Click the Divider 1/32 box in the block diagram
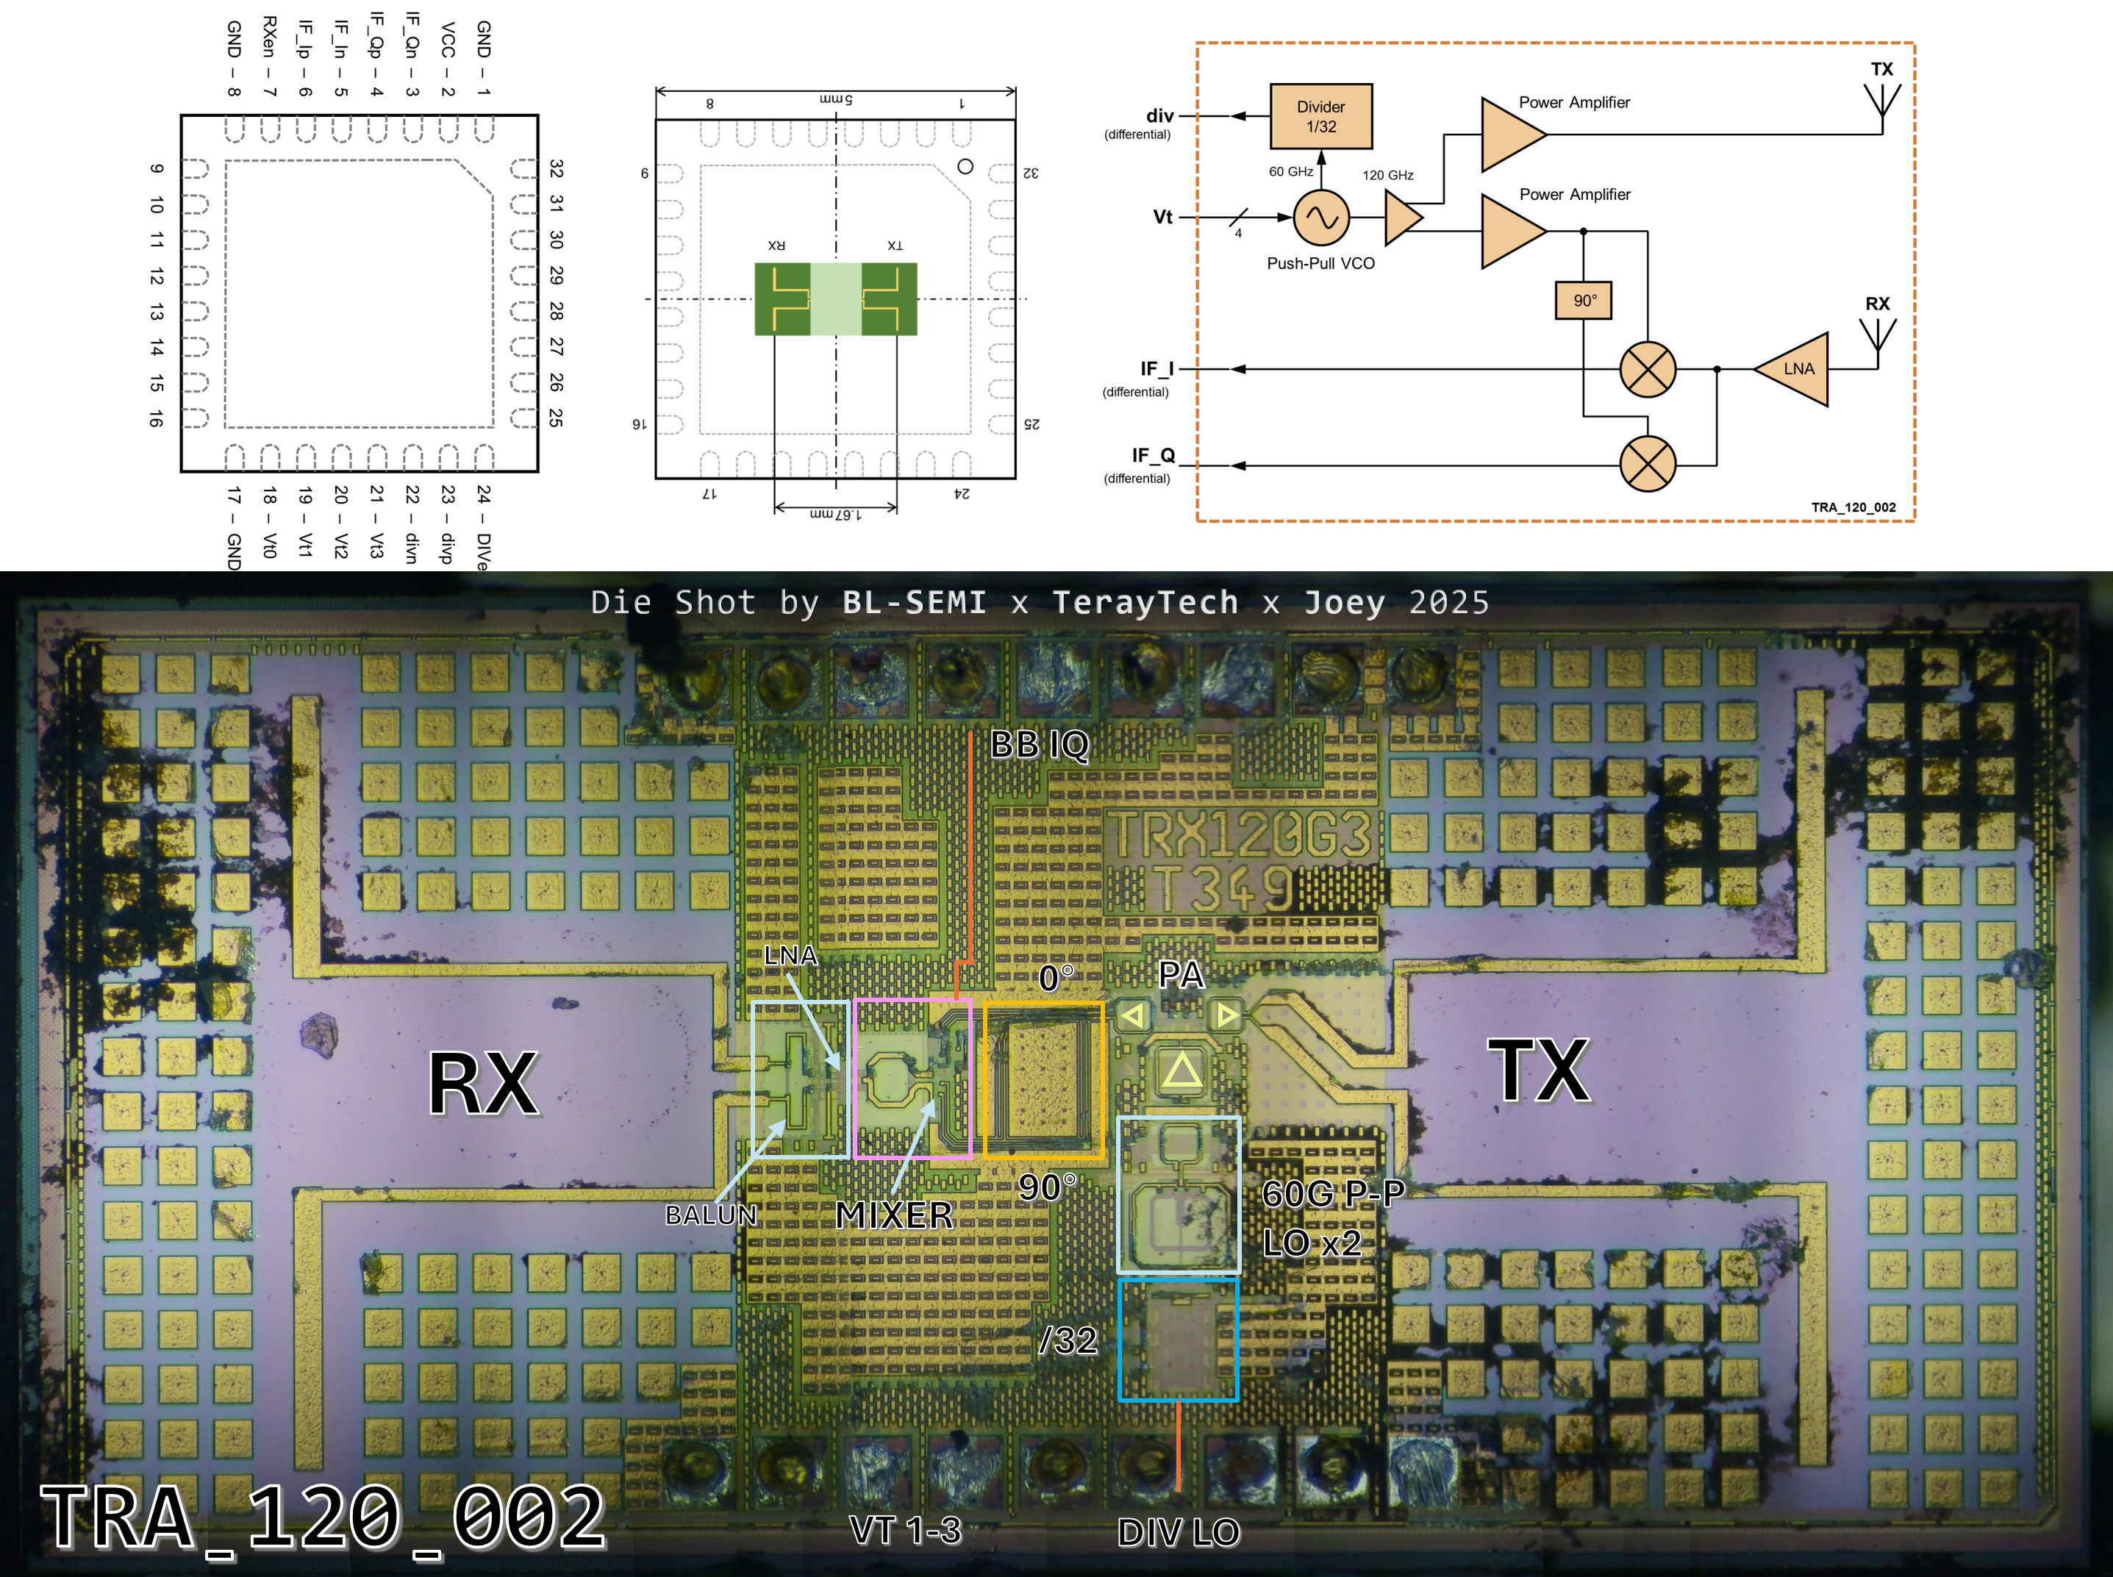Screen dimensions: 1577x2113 pyautogui.click(x=1321, y=116)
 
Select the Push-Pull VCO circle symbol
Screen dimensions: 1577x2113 pyautogui.click(x=1321, y=218)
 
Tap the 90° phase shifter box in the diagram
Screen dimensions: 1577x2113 pyautogui.click(x=1584, y=300)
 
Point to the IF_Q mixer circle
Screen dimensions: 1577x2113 pyautogui.click(x=1648, y=465)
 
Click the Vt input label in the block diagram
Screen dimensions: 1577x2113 pyautogui.click(x=1162, y=217)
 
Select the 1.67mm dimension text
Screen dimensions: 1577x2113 pyautogui.click(x=835, y=514)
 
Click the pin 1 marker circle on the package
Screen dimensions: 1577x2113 pyautogui.click(x=965, y=166)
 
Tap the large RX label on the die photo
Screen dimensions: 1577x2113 pyautogui.click(x=483, y=1084)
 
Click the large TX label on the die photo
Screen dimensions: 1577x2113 pyautogui.click(x=1539, y=1072)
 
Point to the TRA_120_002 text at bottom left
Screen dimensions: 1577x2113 pyautogui.click(x=323, y=1517)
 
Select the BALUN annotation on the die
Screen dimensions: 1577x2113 pyautogui.click(x=711, y=1215)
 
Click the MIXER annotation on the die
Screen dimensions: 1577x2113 pyautogui.click(x=894, y=1215)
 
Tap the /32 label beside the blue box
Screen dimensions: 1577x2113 pyautogui.click(x=1069, y=1340)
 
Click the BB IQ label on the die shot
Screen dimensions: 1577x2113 pyautogui.click(x=1040, y=743)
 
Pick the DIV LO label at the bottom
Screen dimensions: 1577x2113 pyautogui.click(x=1179, y=1532)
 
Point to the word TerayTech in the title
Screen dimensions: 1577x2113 pyautogui.click(x=1145, y=602)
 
